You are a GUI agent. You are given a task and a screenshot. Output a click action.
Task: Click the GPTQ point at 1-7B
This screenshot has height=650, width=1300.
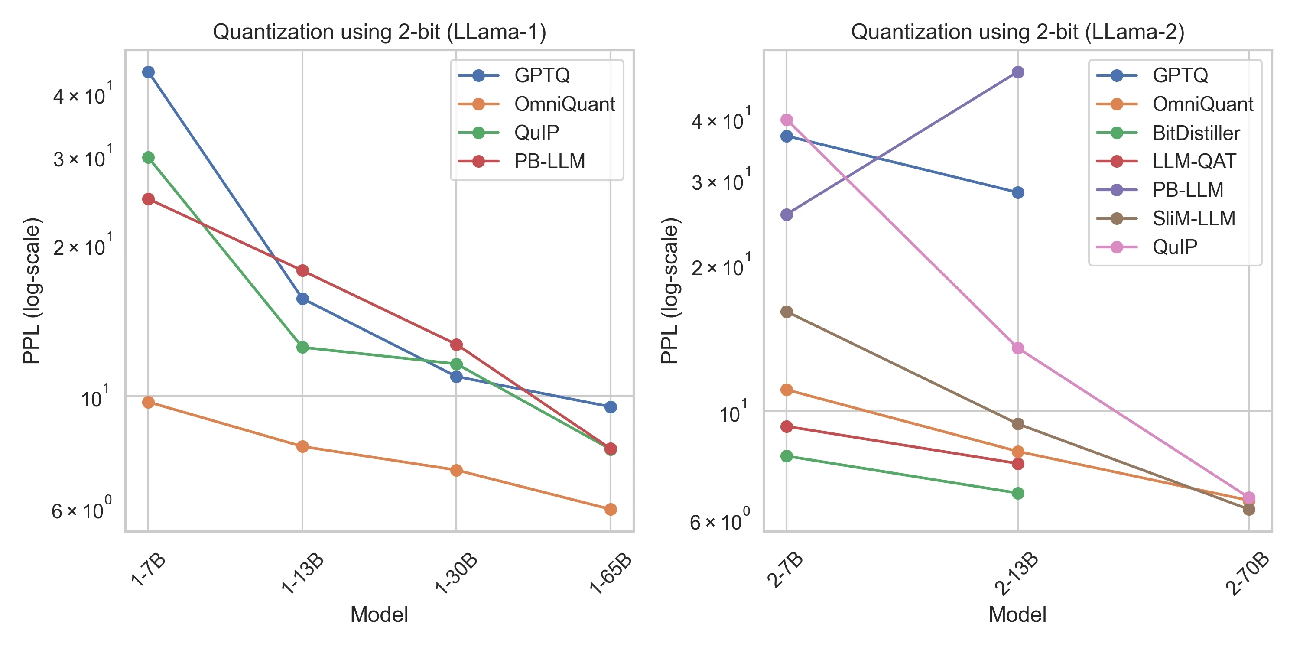pyautogui.click(x=148, y=72)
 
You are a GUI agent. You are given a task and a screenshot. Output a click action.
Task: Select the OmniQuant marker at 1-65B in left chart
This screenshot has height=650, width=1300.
pyautogui.click(x=610, y=509)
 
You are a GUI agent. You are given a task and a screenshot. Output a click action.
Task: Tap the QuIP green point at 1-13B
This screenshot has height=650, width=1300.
pyautogui.click(x=302, y=347)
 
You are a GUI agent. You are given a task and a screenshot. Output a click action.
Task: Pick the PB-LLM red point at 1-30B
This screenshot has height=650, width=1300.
pyautogui.click(x=456, y=344)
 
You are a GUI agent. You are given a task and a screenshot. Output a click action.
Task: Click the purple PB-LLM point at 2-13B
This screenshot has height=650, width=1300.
pyautogui.click(x=1017, y=72)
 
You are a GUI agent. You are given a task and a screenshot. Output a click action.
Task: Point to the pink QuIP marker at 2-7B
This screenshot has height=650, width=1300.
pyautogui.click(x=786, y=120)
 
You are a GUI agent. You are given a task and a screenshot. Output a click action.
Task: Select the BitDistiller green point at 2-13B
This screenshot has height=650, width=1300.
pyautogui.click(x=1017, y=493)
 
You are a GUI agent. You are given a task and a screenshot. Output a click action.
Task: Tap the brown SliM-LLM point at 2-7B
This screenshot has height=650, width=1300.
pyautogui.click(x=786, y=312)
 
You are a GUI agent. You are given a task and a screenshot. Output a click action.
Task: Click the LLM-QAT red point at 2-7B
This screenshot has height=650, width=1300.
pyautogui.click(x=786, y=426)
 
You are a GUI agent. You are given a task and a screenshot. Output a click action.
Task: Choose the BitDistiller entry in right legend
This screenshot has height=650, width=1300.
pyautogui.click(x=1196, y=133)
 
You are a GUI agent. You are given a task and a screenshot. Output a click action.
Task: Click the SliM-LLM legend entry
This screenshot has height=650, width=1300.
pyautogui.click(x=1193, y=218)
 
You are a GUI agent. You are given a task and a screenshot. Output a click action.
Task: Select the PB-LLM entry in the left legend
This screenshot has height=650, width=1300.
pyautogui.click(x=549, y=162)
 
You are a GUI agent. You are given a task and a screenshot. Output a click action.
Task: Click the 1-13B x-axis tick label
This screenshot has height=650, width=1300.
pyautogui.click(x=303, y=573)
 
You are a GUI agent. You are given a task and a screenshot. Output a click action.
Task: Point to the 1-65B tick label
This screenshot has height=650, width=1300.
pyautogui.click(x=611, y=573)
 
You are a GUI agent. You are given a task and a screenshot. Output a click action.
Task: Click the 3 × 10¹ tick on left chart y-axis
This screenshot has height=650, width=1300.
pyautogui.click(x=81, y=159)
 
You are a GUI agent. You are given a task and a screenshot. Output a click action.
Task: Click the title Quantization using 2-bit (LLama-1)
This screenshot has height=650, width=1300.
pyautogui.click(x=380, y=32)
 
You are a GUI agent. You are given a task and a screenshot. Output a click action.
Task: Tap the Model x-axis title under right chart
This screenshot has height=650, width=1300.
pyautogui.click(x=1017, y=614)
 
